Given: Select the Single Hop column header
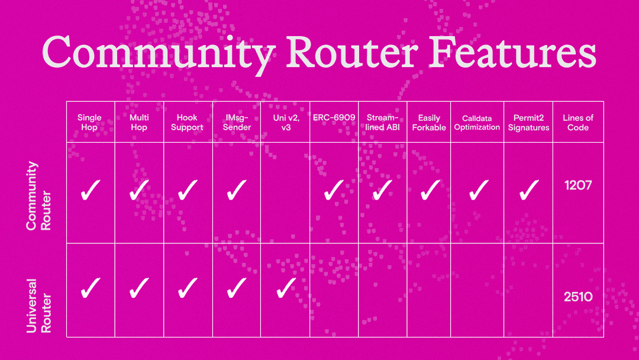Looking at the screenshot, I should [x=89, y=123].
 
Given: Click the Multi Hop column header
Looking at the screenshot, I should [x=139, y=123].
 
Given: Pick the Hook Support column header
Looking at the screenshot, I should [x=187, y=123].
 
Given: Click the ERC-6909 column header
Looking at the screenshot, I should [x=334, y=118].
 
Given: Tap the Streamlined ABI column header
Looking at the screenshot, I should [x=382, y=123].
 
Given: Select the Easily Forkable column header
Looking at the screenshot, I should [x=429, y=123].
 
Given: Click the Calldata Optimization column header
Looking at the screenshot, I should [x=477, y=123].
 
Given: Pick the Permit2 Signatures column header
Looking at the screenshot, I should [x=528, y=123].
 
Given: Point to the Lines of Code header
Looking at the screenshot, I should [x=578, y=123].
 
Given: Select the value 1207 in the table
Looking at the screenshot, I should [x=578, y=186].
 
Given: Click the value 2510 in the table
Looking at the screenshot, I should [x=578, y=296].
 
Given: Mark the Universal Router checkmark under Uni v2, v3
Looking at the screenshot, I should [x=285, y=288].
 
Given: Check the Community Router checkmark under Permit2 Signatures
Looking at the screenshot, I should [x=528, y=190].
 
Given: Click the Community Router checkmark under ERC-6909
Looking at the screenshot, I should [x=334, y=190].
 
